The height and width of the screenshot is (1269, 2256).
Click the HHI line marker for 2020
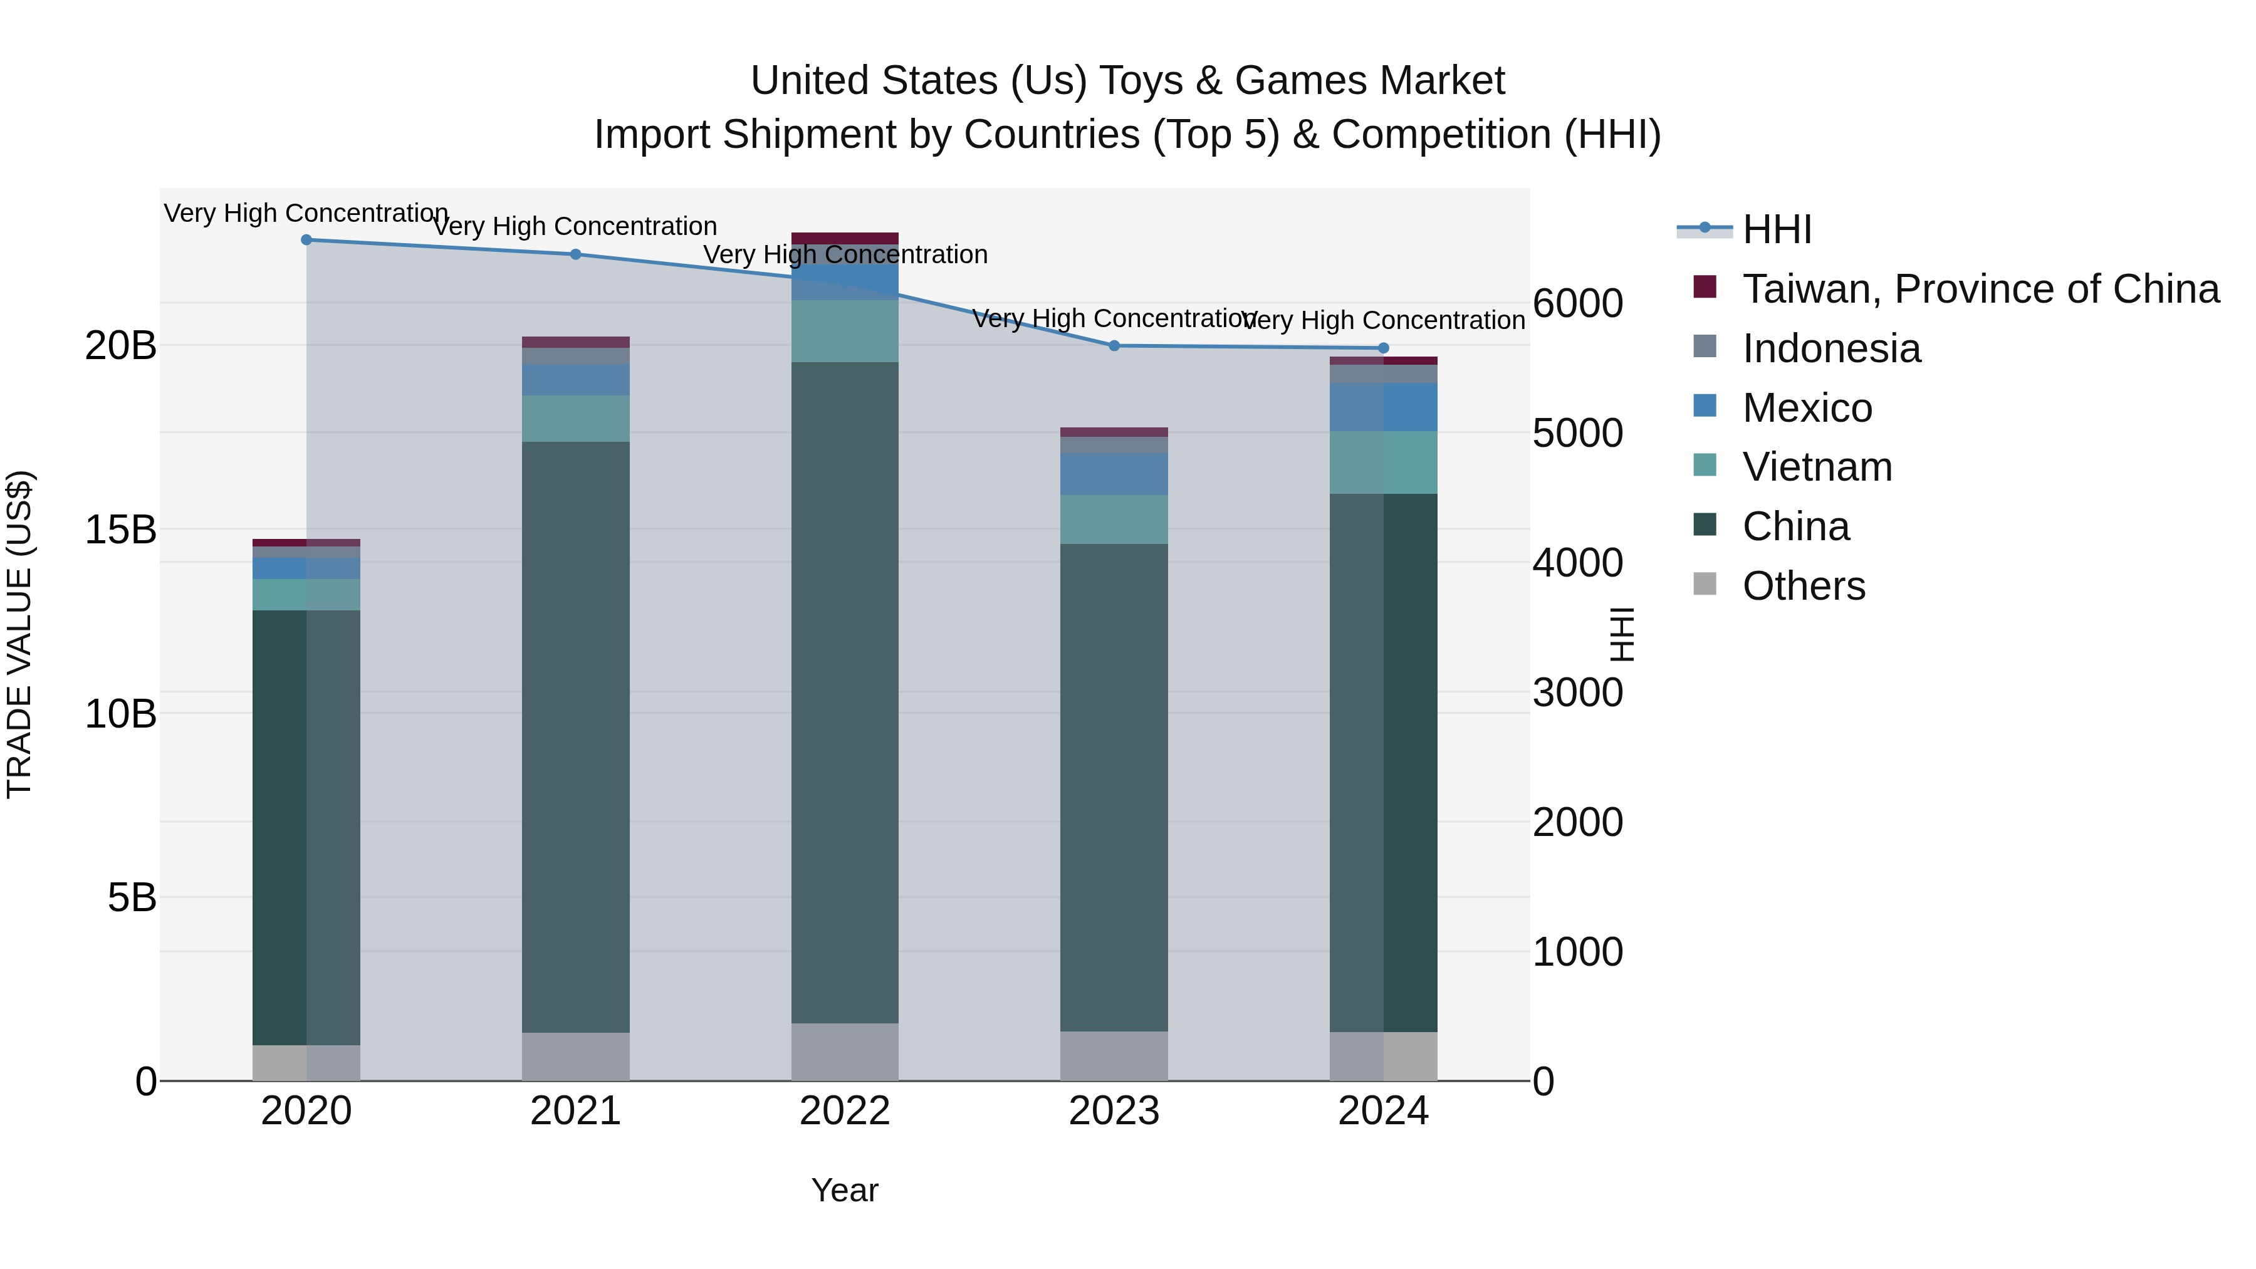click(306, 240)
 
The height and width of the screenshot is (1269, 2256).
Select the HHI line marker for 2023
click(1114, 346)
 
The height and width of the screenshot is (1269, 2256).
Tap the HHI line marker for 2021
click(575, 255)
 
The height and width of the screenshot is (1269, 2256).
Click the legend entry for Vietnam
click(1816, 467)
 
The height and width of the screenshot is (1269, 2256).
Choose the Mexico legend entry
click(1807, 408)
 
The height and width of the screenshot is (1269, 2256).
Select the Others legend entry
click(1803, 586)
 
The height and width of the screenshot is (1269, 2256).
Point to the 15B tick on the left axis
click(121, 530)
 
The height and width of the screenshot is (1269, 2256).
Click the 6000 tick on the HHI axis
click(1577, 304)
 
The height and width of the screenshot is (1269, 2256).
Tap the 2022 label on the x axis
click(844, 1111)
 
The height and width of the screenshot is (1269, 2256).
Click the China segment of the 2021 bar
click(575, 736)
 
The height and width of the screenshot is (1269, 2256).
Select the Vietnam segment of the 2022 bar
click(844, 331)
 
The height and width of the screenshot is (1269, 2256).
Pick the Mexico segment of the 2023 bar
click(1114, 474)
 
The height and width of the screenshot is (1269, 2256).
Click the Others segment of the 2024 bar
click(1383, 1056)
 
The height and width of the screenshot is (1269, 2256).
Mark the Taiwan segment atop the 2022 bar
click(844, 238)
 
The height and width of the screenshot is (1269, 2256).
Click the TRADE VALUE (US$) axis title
click(19, 634)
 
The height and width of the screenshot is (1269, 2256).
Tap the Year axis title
click(844, 1190)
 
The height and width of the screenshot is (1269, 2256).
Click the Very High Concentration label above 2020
click(306, 213)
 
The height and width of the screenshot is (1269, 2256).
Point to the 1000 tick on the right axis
click(1577, 952)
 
